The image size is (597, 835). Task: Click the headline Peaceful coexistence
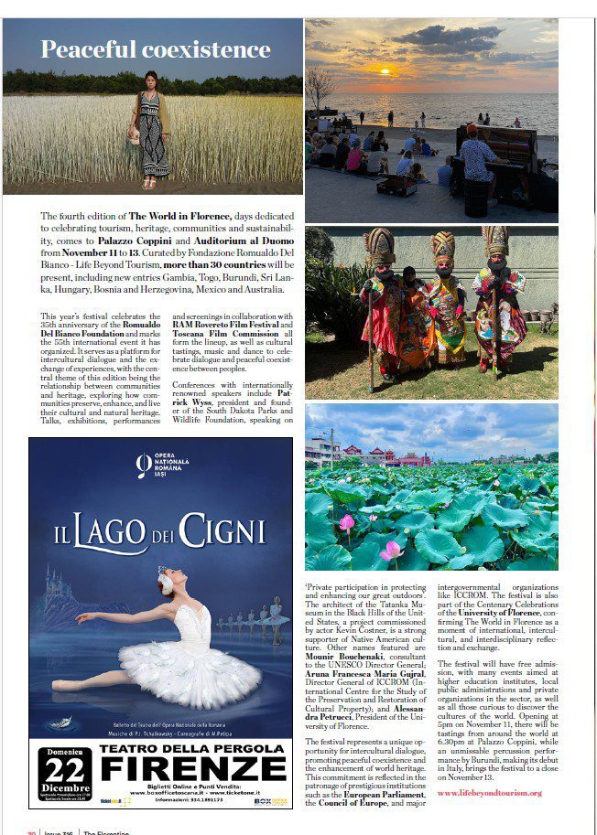coord(155,49)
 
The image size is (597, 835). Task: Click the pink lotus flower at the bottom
coord(392,550)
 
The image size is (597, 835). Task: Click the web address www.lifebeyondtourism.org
coord(496,792)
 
